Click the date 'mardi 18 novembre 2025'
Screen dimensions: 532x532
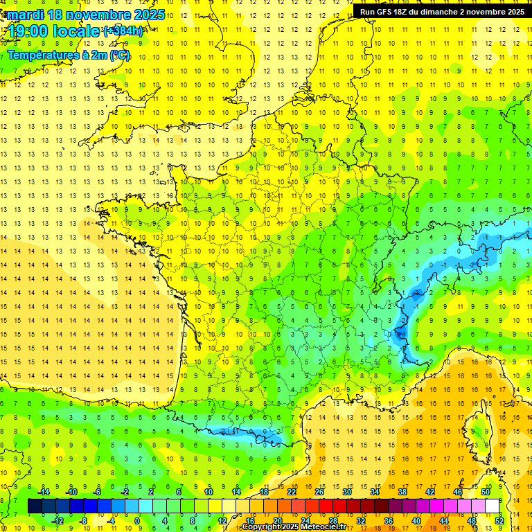click(86, 15)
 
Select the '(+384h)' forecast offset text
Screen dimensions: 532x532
click(123, 31)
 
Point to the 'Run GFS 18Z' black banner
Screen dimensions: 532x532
click(442, 11)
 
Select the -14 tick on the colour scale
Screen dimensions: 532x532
click(45, 491)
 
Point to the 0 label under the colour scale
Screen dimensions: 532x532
click(137, 521)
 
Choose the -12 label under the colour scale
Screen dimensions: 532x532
click(57, 521)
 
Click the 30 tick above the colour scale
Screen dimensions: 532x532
click(346, 491)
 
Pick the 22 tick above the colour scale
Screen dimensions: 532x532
click(292, 491)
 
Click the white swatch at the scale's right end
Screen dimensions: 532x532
click(492, 506)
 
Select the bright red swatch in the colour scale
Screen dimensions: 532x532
click(326, 506)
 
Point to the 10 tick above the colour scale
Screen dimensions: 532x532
click(209, 491)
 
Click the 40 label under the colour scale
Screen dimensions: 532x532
click(416, 521)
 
